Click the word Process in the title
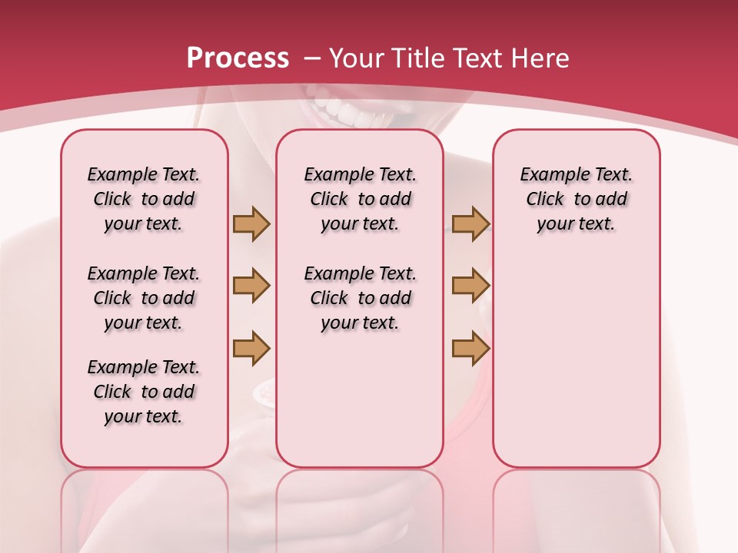tap(238, 58)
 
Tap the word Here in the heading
tap(541, 58)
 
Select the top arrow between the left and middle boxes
tap(251, 224)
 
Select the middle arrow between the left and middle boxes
tap(251, 286)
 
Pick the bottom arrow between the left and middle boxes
tap(251, 348)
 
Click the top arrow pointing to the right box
tap(470, 224)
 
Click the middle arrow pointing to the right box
tap(470, 286)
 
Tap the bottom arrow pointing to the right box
tap(470, 348)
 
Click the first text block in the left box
tap(144, 199)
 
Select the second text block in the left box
tap(144, 298)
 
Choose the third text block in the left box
tap(144, 392)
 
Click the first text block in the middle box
tap(360, 199)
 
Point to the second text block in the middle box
tap(360, 298)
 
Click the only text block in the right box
tap(576, 199)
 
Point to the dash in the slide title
tap(313, 58)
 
